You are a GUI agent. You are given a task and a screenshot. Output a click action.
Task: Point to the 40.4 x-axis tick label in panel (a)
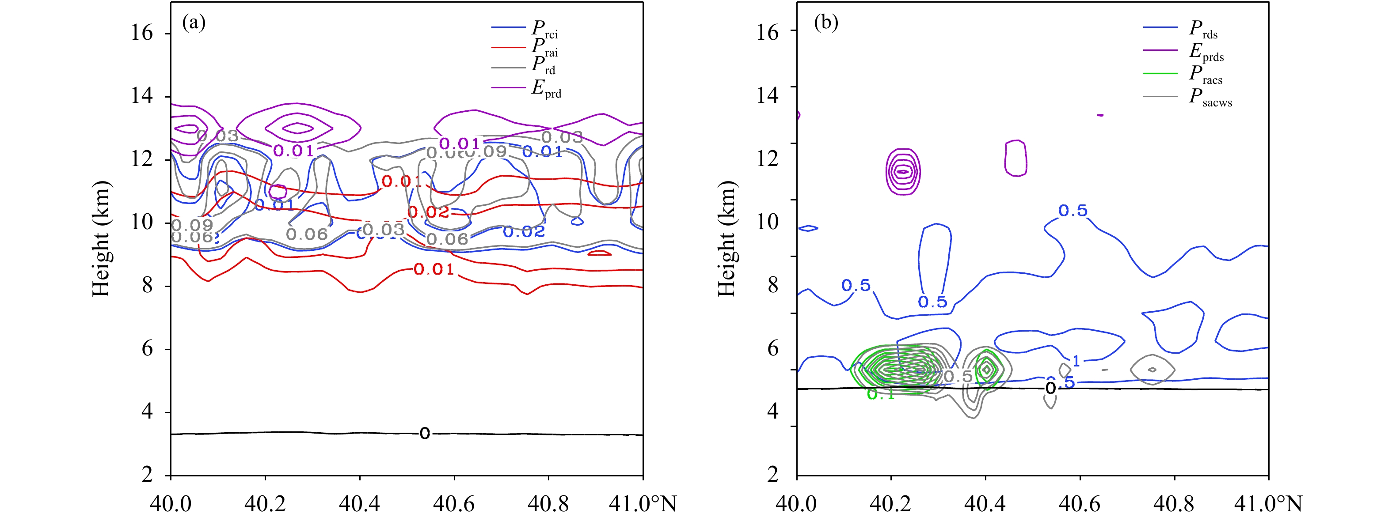(x=359, y=504)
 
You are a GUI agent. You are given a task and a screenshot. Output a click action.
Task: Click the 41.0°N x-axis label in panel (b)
(x=1268, y=504)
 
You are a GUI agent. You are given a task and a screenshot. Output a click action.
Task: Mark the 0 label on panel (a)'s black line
(x=425, y=433)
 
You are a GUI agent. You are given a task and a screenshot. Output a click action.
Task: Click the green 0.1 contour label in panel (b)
(x=881, y=395)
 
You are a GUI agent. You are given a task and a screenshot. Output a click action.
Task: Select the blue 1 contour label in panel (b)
(x=1076, y=361)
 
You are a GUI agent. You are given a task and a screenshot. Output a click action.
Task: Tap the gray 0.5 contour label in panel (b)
(x=958, y=376)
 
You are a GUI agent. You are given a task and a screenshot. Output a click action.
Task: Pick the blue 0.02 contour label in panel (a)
(x=524, y=232)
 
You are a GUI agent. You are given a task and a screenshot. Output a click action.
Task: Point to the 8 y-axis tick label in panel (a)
(x=147, y=285)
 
